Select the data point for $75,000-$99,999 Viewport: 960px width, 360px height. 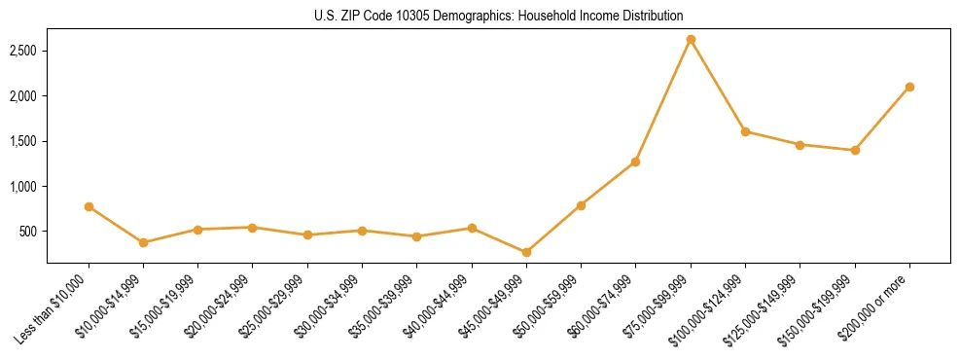point(691,40)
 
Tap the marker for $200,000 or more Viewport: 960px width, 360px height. point(909,87)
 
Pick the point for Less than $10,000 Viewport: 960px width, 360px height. point(89,206)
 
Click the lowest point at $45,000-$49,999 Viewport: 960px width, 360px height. point(526,252)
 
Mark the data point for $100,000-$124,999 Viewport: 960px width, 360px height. point(745,131)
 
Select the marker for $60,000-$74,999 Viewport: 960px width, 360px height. point(635,162)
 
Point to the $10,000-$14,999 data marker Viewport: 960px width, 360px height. point(143,242)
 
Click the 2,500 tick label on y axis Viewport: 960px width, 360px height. point(23,51)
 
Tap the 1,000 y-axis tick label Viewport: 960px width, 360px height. point(23,187)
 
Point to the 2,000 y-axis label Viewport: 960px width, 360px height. point(23,96)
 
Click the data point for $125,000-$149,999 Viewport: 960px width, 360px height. point(800,145)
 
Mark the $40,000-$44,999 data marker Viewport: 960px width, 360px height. point(472,228)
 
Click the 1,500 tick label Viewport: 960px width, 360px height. point(23,141)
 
